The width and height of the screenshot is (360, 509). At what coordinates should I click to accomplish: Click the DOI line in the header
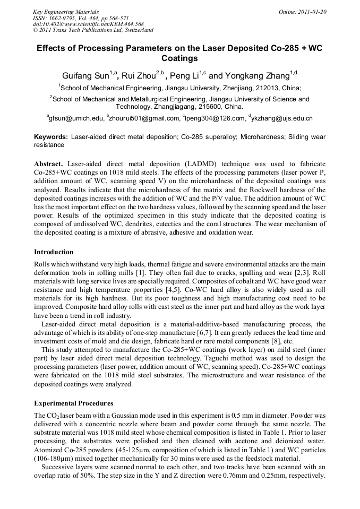click(88, 24)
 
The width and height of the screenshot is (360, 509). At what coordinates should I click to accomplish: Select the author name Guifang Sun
click(85, 75)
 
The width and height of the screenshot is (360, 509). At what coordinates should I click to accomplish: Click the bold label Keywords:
click(51, 136)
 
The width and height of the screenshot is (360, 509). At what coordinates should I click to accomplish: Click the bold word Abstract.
click(48, 164)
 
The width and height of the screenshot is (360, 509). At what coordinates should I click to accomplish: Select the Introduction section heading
click(54, 252)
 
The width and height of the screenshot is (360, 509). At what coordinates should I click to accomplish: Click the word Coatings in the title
click(179, 58)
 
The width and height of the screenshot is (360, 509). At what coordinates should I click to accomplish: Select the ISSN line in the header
click(80, 18)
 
